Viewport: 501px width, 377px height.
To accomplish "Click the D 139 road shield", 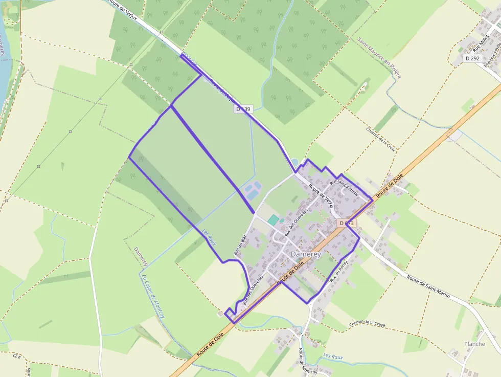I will pos(243,109).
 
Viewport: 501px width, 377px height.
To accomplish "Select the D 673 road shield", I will pos(347,223).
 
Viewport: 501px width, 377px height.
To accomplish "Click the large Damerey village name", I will pos(305,254).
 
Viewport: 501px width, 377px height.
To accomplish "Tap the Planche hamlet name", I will pos(474,344).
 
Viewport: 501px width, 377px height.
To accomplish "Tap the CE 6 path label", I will pos(16,356).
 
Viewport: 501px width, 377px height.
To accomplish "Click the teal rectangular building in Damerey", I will pos(274,219).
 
